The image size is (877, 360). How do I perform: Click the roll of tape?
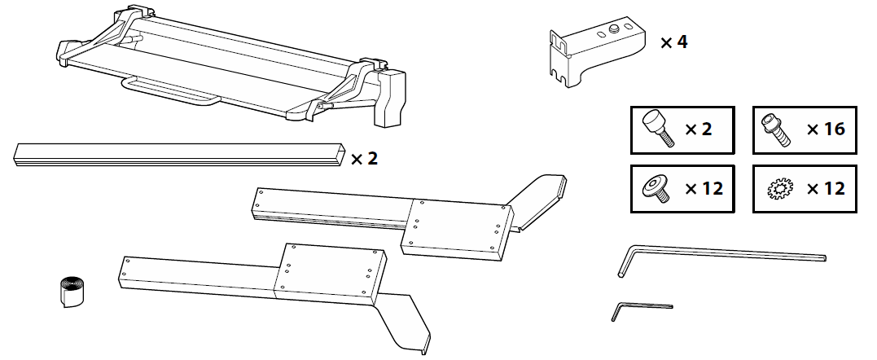point(71,291)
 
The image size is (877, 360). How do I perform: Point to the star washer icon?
point(780,188)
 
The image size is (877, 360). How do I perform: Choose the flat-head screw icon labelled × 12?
point(657,189)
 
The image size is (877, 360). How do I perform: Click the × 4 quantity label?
point(674,42)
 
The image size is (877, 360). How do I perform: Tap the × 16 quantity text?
point(826,130)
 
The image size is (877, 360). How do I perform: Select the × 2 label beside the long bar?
point(364,159)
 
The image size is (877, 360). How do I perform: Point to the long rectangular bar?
point(179,155)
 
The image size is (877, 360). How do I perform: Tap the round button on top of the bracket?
point(614,28)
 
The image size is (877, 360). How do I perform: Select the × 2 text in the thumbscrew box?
point(699,130)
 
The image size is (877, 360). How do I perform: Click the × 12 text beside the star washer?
point(826,188)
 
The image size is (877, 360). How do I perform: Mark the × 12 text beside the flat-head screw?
point(704,188)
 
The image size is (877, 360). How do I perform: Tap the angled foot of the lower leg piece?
point(403,322)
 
